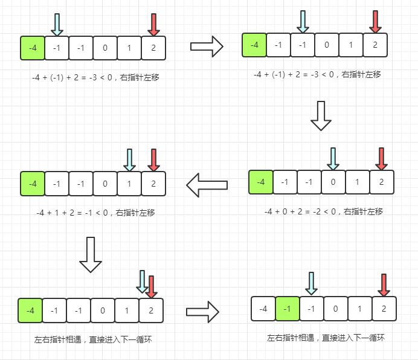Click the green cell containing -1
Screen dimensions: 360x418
(x=288, y=308)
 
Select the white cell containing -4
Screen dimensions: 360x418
(x=263, y=308)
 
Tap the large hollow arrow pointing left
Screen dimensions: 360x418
(x=207, y=184)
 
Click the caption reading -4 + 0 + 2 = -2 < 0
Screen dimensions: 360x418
(x=324, y=211)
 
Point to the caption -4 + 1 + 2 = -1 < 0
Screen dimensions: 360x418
(x=95, y=213)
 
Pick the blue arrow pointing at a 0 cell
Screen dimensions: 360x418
(x=333, y=158)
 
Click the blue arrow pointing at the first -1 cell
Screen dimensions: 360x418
(x=57, y=25)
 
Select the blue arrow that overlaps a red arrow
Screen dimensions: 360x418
(x=143, y=281)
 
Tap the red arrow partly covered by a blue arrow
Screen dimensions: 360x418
(x=151, y=286)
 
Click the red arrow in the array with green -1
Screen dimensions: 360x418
(x=384, y=284)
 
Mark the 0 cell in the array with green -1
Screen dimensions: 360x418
(x=336, y=308)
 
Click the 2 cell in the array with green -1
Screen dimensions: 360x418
(x=384, y=308)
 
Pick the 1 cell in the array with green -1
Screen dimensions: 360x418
(x=360, y=308)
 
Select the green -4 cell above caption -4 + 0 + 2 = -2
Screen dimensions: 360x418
(x=260, y=182)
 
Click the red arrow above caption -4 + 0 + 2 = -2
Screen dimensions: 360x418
(x=381, y=158)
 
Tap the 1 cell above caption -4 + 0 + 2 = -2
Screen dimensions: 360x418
(x=357, y=182)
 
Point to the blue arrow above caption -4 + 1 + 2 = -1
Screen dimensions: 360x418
(x=129, y=159)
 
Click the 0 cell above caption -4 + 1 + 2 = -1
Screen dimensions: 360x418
(x=105, y=183)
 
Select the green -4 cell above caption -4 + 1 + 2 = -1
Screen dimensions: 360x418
(x=33, y=183)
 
